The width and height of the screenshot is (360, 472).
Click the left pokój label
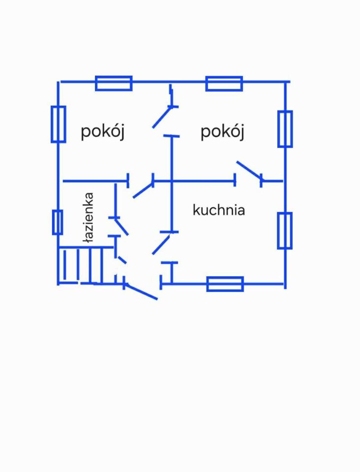point(102,132)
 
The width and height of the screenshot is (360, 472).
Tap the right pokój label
point(222,132)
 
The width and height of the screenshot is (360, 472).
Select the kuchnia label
point(219,210)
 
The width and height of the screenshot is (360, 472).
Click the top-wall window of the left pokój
point(114,83)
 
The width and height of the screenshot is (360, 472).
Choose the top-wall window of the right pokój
point(224,84)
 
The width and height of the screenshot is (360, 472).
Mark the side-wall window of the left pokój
point(59,124)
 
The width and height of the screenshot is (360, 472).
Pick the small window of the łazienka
point(58,222)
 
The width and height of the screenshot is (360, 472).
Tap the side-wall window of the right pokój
point(285,129)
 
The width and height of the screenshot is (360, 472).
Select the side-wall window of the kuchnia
point(285,231)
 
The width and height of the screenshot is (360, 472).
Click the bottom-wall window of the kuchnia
point(225,284)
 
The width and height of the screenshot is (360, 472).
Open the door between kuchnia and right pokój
point(249,170)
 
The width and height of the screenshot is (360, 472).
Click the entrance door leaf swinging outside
point(141,292)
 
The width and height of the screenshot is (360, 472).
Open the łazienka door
point(121,226)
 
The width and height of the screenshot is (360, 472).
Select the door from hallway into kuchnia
point(161,244)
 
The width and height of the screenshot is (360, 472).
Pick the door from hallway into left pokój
point(143,190)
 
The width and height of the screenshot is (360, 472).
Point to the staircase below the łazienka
point(81,265)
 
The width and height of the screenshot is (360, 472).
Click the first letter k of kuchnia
point(196,210)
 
